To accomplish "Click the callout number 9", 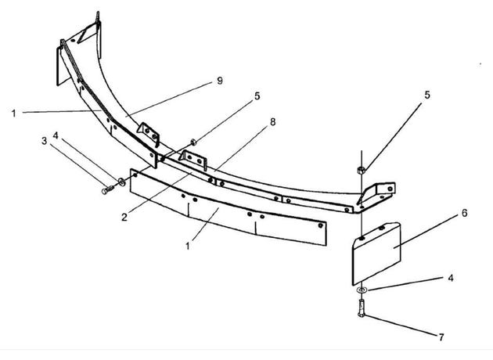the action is pos(220,81).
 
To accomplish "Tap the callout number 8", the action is pos(272,122).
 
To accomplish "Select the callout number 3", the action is pos(45,141).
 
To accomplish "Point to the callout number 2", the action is pos(124,217).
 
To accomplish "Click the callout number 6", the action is pos(464,213).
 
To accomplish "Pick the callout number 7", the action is pos(441,337).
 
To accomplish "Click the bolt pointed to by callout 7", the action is pos(362,308).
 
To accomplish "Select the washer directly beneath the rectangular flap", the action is pos(362,290).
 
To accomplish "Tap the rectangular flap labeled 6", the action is pos(376,252).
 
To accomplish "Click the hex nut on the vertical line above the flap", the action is pos(361,171).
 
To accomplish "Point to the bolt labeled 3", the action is pos(107,190).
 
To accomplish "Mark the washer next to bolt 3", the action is pos(121,182).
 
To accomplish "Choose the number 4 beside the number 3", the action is pos(56,136).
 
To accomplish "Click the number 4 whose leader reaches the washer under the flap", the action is pos(451,279).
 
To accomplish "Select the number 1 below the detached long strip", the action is pos(188,246).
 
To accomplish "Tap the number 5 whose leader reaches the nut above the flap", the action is pos(427,95).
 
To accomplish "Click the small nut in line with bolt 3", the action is pos(194,142).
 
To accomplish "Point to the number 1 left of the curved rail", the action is pos(13,113).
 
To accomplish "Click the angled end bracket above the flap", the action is pos(376,195).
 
